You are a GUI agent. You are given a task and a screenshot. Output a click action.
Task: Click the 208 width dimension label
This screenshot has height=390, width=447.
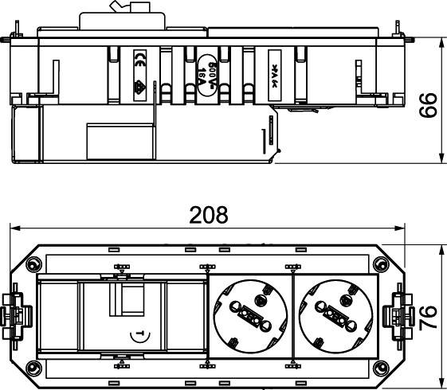tap(209, 215)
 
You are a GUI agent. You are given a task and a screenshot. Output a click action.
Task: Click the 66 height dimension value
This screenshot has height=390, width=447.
tap(429, 103)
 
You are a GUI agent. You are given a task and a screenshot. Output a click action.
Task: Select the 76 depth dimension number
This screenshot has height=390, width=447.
tap(429, 316)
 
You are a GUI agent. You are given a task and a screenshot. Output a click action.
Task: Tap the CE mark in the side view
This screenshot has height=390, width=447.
tap(139, 57)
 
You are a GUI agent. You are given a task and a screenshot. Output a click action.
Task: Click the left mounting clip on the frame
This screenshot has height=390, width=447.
tap(18, 315)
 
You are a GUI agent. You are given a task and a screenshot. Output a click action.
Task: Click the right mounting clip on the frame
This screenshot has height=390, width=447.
tap(398, 315)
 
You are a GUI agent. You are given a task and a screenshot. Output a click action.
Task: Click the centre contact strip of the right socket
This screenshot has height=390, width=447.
tap(337, 315)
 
